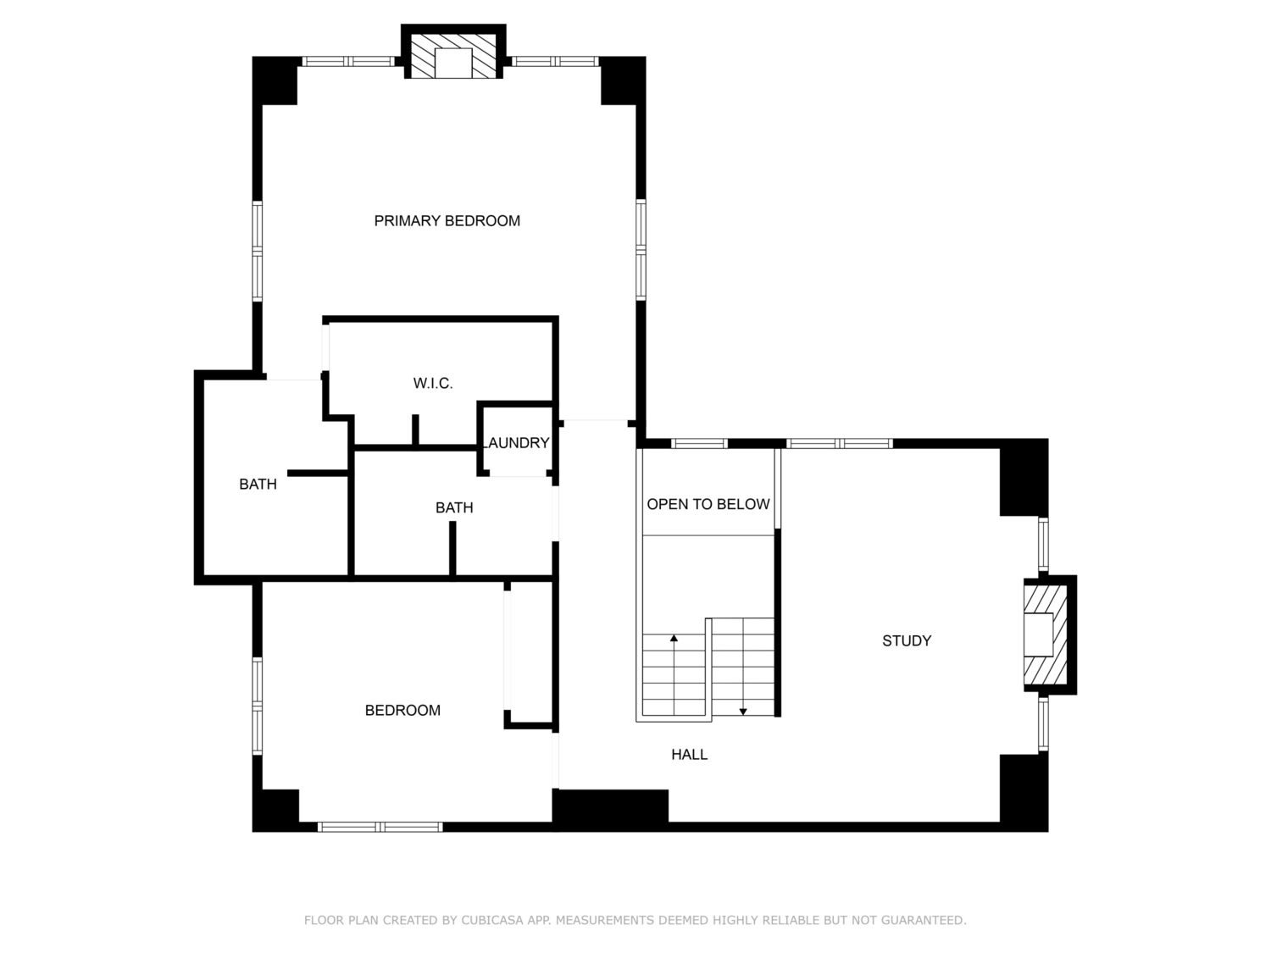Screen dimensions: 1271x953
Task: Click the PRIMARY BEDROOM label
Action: pos(447,220)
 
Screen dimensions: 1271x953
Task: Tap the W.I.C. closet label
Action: pos(432,383)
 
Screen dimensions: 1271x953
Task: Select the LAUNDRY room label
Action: pos(517,443)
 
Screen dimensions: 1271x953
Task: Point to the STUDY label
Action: pos(906,640)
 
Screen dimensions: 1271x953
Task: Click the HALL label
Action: pos(689,754)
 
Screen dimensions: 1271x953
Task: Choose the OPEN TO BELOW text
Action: pos(708,504)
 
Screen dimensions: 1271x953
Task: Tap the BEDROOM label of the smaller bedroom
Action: pos(402,710)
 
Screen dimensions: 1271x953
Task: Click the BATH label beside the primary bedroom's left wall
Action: pos(258,485)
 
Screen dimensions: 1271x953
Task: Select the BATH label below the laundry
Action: pos(454,507)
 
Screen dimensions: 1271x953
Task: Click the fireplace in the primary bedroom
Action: pos(453,53)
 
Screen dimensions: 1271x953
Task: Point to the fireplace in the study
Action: pos(1049,634)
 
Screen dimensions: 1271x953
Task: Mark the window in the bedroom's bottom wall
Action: pos(380,827)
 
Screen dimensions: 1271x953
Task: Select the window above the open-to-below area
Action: pos(699,443)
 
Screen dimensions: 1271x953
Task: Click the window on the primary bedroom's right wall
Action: pos(641,249)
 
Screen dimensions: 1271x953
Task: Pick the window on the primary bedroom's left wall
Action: pos(257,251)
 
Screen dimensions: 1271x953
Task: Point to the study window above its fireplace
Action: pos(1043,545)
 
